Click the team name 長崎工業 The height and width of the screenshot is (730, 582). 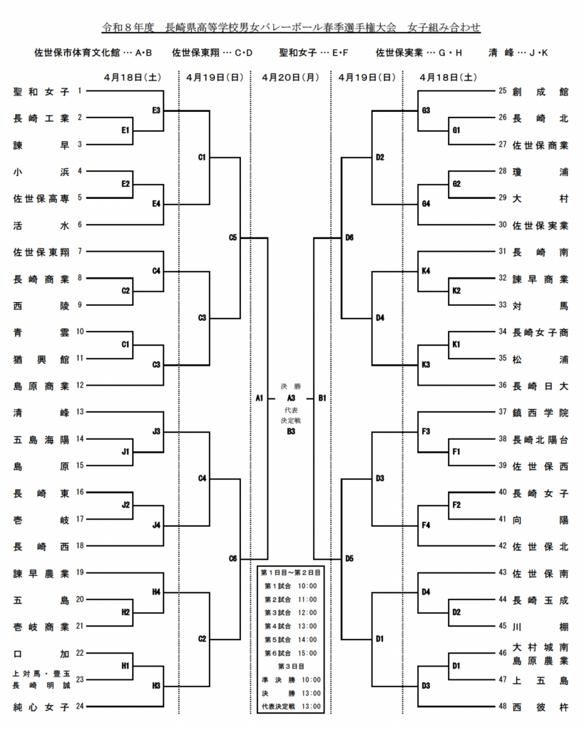pos(41,118)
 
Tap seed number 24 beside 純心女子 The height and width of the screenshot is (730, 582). pos(80,706)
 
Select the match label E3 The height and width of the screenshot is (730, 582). pos(156,110)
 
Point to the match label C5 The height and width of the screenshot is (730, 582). pos(233,237)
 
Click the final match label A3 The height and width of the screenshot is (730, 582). pos(291,398)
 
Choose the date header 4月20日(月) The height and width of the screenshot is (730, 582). pos(290,77)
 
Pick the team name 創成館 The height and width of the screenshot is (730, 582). pos(540,91)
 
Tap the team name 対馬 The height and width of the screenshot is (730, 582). pos(540,305)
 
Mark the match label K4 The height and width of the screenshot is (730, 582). pos(425,271)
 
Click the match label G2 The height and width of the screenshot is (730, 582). pos(456,184)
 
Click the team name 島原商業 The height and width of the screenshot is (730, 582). pos(41,386)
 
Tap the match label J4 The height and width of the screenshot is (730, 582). pos(156,525)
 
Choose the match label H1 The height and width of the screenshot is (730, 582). pos(126,666)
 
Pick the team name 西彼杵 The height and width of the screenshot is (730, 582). pos(540,706)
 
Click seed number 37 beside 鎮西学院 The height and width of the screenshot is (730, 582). pos(502,412)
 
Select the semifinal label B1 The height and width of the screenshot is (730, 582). pos(322,398)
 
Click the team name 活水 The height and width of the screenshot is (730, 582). pos(41,225)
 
